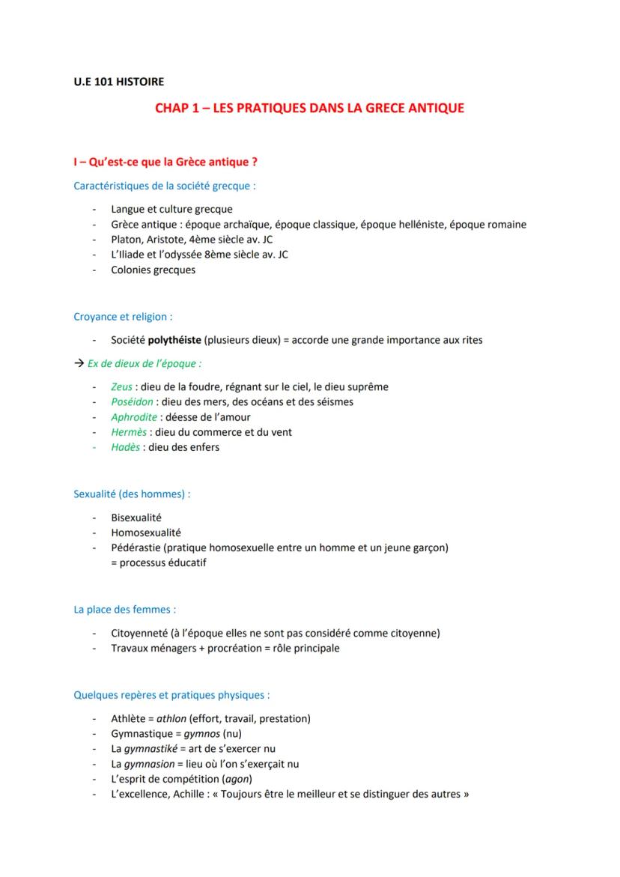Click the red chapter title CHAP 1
pos(309,108)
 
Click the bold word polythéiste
pos(174,340)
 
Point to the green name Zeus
pos(122,386)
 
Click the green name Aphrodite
pos(134,417)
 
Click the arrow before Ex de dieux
pos(79,363)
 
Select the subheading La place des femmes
pos(124,610)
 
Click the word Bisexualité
pos(136,518)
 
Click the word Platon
pos(126,240)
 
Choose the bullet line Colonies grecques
pos(153,270)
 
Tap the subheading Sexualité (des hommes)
pos(132,494)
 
